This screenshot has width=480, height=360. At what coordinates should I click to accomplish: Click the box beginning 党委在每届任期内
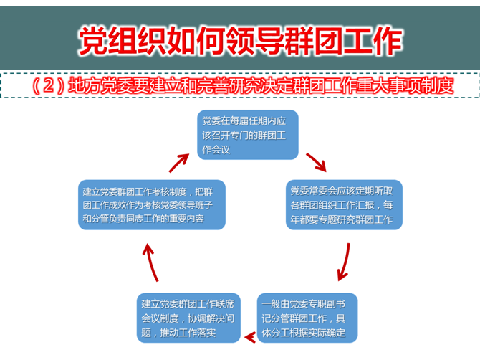click(248, 135)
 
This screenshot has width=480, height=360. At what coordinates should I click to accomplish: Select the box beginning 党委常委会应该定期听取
click(344, 204)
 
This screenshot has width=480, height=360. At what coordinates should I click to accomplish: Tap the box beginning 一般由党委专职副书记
click(307, 318)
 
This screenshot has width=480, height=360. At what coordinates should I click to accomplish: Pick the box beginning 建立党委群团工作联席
click(188, 318)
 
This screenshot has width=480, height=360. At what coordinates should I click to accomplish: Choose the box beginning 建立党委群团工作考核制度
click(152, 204)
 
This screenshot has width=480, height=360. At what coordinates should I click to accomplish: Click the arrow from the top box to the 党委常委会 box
click(317, 162)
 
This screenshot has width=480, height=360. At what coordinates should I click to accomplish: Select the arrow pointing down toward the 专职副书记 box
click(345, 262)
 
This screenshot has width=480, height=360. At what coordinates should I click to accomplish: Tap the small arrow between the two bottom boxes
click(250, 337)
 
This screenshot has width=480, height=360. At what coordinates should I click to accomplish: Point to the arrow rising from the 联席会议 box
click(150, 262)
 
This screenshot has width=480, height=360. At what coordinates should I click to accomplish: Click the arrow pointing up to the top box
click(179, 163)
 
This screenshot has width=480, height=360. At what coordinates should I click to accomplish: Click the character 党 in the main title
click(93, 40)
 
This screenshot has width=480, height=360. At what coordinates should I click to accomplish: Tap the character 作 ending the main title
click(388, 40)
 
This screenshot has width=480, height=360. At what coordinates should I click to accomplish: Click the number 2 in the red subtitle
click(49, 85)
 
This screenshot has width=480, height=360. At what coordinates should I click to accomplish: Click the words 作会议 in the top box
click(216, 149)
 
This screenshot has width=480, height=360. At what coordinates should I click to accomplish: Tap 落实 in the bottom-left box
click(206, 333)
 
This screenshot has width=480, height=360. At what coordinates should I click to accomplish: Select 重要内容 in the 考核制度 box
click(187, 219)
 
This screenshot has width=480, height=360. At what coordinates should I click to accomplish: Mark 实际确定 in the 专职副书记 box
click(327, 333)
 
